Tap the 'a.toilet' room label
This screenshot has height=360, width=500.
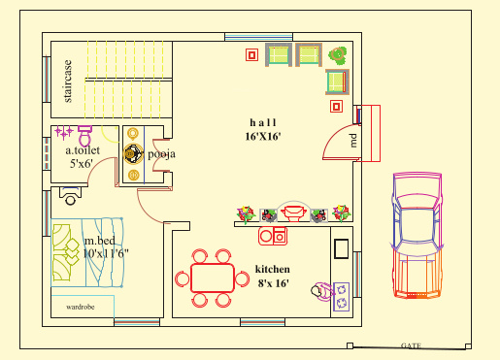83,150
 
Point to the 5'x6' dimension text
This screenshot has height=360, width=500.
83,165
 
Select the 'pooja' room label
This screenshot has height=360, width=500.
160,153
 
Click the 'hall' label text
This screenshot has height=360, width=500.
263,122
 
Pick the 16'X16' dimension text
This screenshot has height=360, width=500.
263,137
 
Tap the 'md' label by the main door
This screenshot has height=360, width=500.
354,140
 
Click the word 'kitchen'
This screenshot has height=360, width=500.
274,269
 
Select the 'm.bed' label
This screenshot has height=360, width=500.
100,240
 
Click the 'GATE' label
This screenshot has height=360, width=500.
411,345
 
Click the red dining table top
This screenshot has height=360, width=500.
212,278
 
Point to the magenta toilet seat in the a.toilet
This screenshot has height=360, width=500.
84,128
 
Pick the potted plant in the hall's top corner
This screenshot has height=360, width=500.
338,55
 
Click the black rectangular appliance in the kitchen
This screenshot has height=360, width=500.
342,248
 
